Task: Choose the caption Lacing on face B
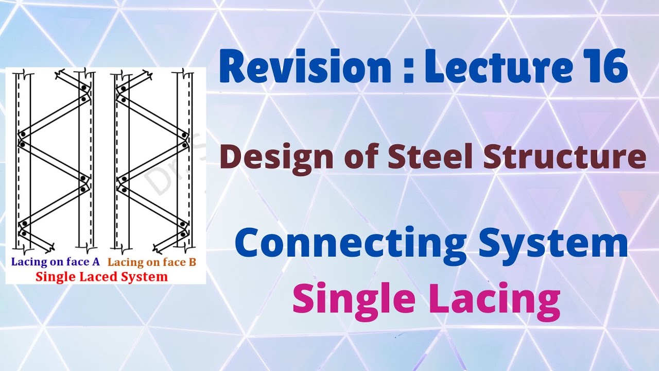(x=152, y=262)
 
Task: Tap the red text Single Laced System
(x=101, y=277)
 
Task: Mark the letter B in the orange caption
(x=193, y=262)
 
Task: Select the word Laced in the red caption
(x=98, y=277)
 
